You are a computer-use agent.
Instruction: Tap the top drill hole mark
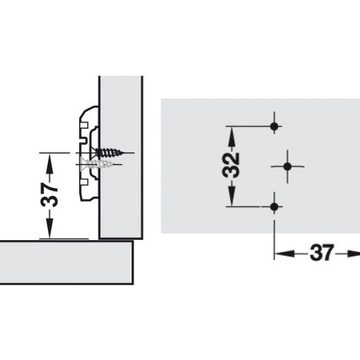(x=275, y=126)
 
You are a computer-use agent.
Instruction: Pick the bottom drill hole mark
(x=275, y=207)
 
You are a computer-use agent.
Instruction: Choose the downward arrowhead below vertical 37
(x=48, y=233)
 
